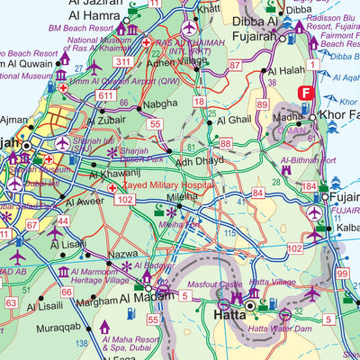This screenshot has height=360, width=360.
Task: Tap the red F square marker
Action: point(306,92)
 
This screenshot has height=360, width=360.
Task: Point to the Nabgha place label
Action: point(161,104)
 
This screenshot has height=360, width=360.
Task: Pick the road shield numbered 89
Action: point(263,105)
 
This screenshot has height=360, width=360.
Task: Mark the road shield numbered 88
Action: point(225,143)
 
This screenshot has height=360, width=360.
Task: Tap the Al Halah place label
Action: point(286,69)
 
